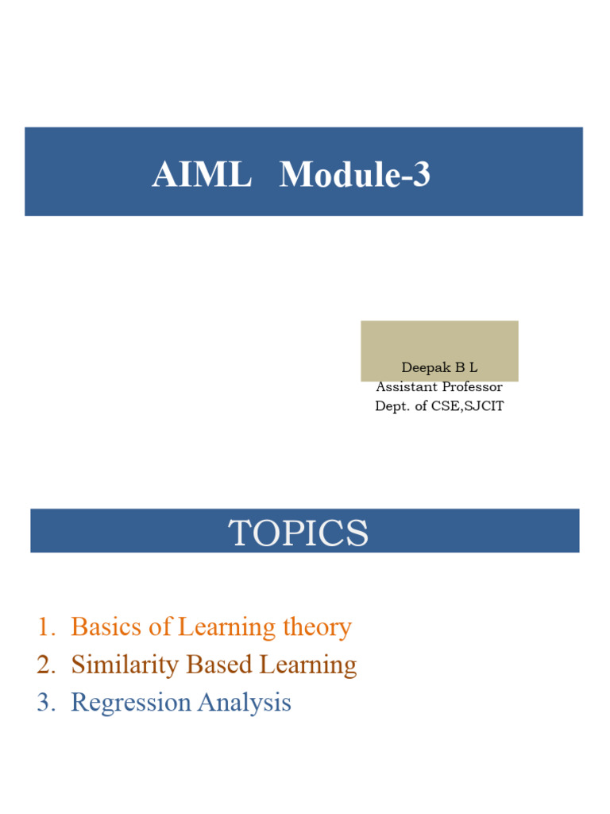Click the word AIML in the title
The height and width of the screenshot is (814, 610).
point(201,175)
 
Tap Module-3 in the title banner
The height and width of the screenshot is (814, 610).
point(354,175)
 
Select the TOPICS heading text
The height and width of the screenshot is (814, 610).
point(299,533)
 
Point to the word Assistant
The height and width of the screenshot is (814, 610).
point(406,387)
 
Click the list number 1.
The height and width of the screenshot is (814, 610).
point(44,627)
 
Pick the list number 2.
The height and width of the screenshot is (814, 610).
point(44,665)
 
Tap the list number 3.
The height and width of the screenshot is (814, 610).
point(44,703)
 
